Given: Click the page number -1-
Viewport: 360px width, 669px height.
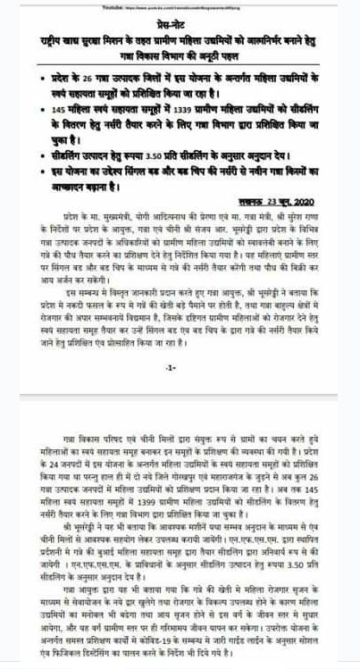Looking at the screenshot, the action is tap(171, 367).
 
